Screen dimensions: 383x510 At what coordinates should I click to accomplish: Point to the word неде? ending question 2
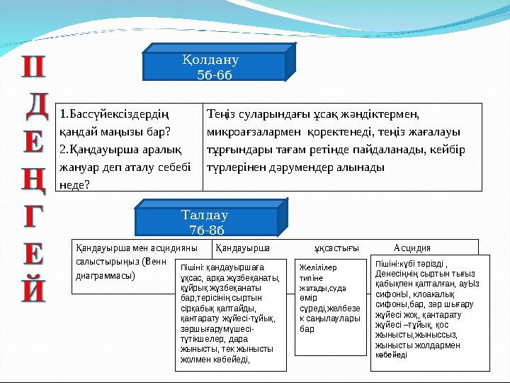(x=74, y=184)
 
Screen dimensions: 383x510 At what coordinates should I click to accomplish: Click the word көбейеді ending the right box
(x=392, y=355)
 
